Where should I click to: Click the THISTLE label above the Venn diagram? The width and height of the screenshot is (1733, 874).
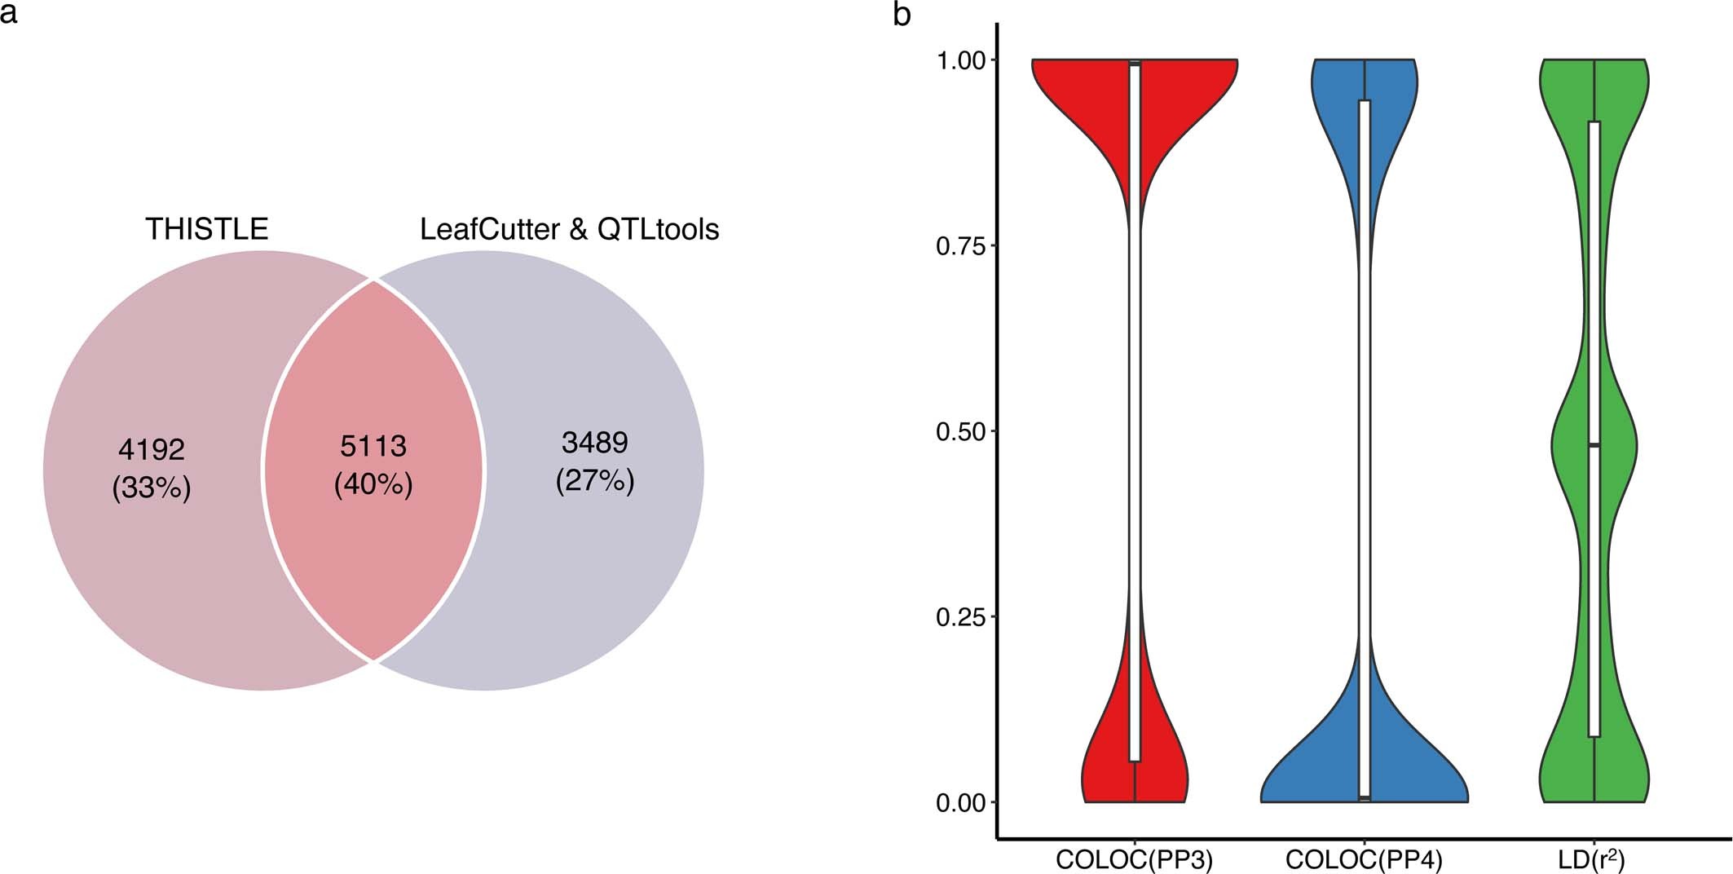[x=207, y=229]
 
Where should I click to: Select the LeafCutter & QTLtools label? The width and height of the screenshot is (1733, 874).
[x=569, y=229]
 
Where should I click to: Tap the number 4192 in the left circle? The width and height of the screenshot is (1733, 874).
[x=152, y=449]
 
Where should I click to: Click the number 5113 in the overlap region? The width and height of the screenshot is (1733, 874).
[x=373, y=446]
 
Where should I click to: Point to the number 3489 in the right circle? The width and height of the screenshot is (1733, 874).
[x=595, y=443]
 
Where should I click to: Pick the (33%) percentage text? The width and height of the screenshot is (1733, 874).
[x=152, y=488]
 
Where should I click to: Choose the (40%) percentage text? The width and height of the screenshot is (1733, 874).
[x=373, y=484]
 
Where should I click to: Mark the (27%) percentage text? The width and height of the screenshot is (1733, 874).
[x=595, y=481]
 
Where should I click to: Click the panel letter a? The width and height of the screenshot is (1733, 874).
[x=9, y=14]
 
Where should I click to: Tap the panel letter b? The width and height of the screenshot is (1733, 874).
[x=902, y=15]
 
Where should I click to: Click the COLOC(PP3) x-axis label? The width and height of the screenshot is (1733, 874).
[x=1134, y=859]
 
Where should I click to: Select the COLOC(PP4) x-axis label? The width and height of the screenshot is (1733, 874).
[x=1364, y=859]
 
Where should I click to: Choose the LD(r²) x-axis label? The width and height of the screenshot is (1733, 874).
[x=1593, y=859]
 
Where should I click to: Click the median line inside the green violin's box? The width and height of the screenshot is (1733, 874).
[x=1594, y=445]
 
